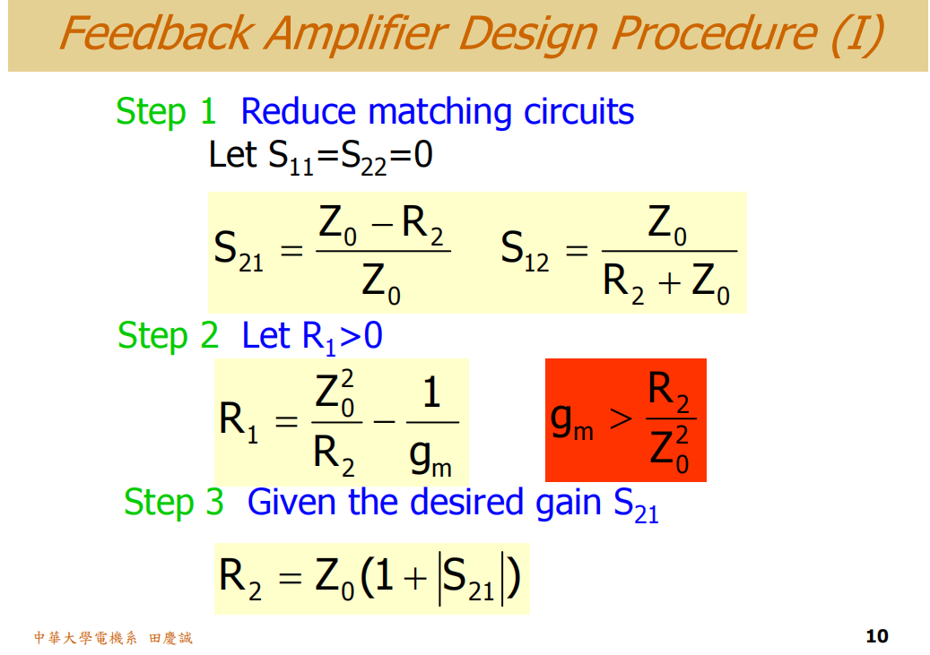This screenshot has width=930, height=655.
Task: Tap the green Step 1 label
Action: pyautogui.click(x=166, y=112)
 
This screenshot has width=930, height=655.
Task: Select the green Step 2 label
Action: pyautogui.click(x=168, y=336)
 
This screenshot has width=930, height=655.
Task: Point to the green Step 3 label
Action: pyautogui.click(x=173, y=502)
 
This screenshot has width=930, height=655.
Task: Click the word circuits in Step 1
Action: pyautogui.click(x=578, y=112)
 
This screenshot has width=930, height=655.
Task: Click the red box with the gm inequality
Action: pyautogui.click(x=625, y=420)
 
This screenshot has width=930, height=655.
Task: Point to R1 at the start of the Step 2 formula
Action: pyautogui.click(x=238, y=421)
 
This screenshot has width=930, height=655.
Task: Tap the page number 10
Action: pyautogui.click(x=877, y=636)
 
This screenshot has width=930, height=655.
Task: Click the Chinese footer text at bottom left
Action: pyautogui.click(x=113, y=638)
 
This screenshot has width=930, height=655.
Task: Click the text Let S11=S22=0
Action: pyautogui.click(x=320, y=155)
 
